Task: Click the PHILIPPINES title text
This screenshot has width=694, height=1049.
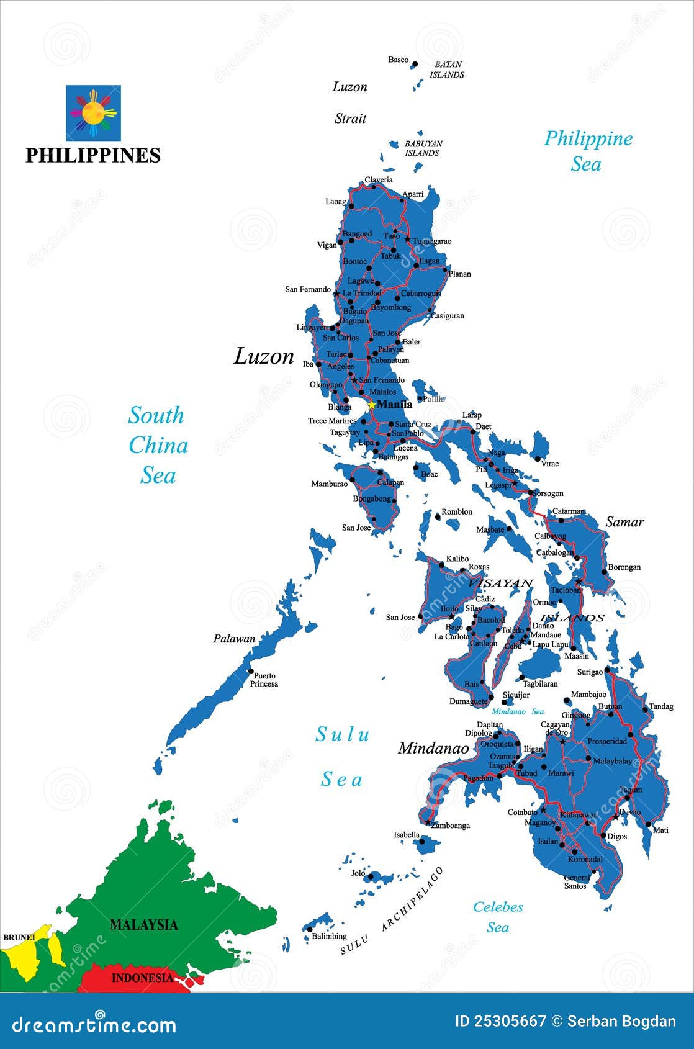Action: point(93,155)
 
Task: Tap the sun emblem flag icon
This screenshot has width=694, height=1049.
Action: point(93,113)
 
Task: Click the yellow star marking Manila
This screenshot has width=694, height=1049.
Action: point(371,405)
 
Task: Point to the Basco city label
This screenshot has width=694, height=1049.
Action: point(399,60)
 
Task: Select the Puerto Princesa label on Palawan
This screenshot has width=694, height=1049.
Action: point(264,680)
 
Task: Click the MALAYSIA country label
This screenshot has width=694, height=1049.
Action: point(144,925)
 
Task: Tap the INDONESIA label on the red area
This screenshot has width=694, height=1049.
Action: point(142,978)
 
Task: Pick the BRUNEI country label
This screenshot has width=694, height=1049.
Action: point(19,937)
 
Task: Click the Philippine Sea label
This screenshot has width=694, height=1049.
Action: point(588,151)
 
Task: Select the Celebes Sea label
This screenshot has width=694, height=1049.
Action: point(498,917)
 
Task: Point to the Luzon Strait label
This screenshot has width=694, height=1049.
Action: point(350,102)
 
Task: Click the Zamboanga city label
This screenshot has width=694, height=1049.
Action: point(451,826)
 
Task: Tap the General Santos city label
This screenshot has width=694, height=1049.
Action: point(576,882)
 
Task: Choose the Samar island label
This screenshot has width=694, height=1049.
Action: point(624,522)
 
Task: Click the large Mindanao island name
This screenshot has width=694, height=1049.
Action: point(433,749)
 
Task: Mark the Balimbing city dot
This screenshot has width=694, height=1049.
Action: point(309,929)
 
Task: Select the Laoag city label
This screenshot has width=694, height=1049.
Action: point(336,202)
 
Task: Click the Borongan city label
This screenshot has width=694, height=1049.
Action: point(624,567)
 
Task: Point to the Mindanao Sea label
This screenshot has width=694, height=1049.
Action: point(518,712)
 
